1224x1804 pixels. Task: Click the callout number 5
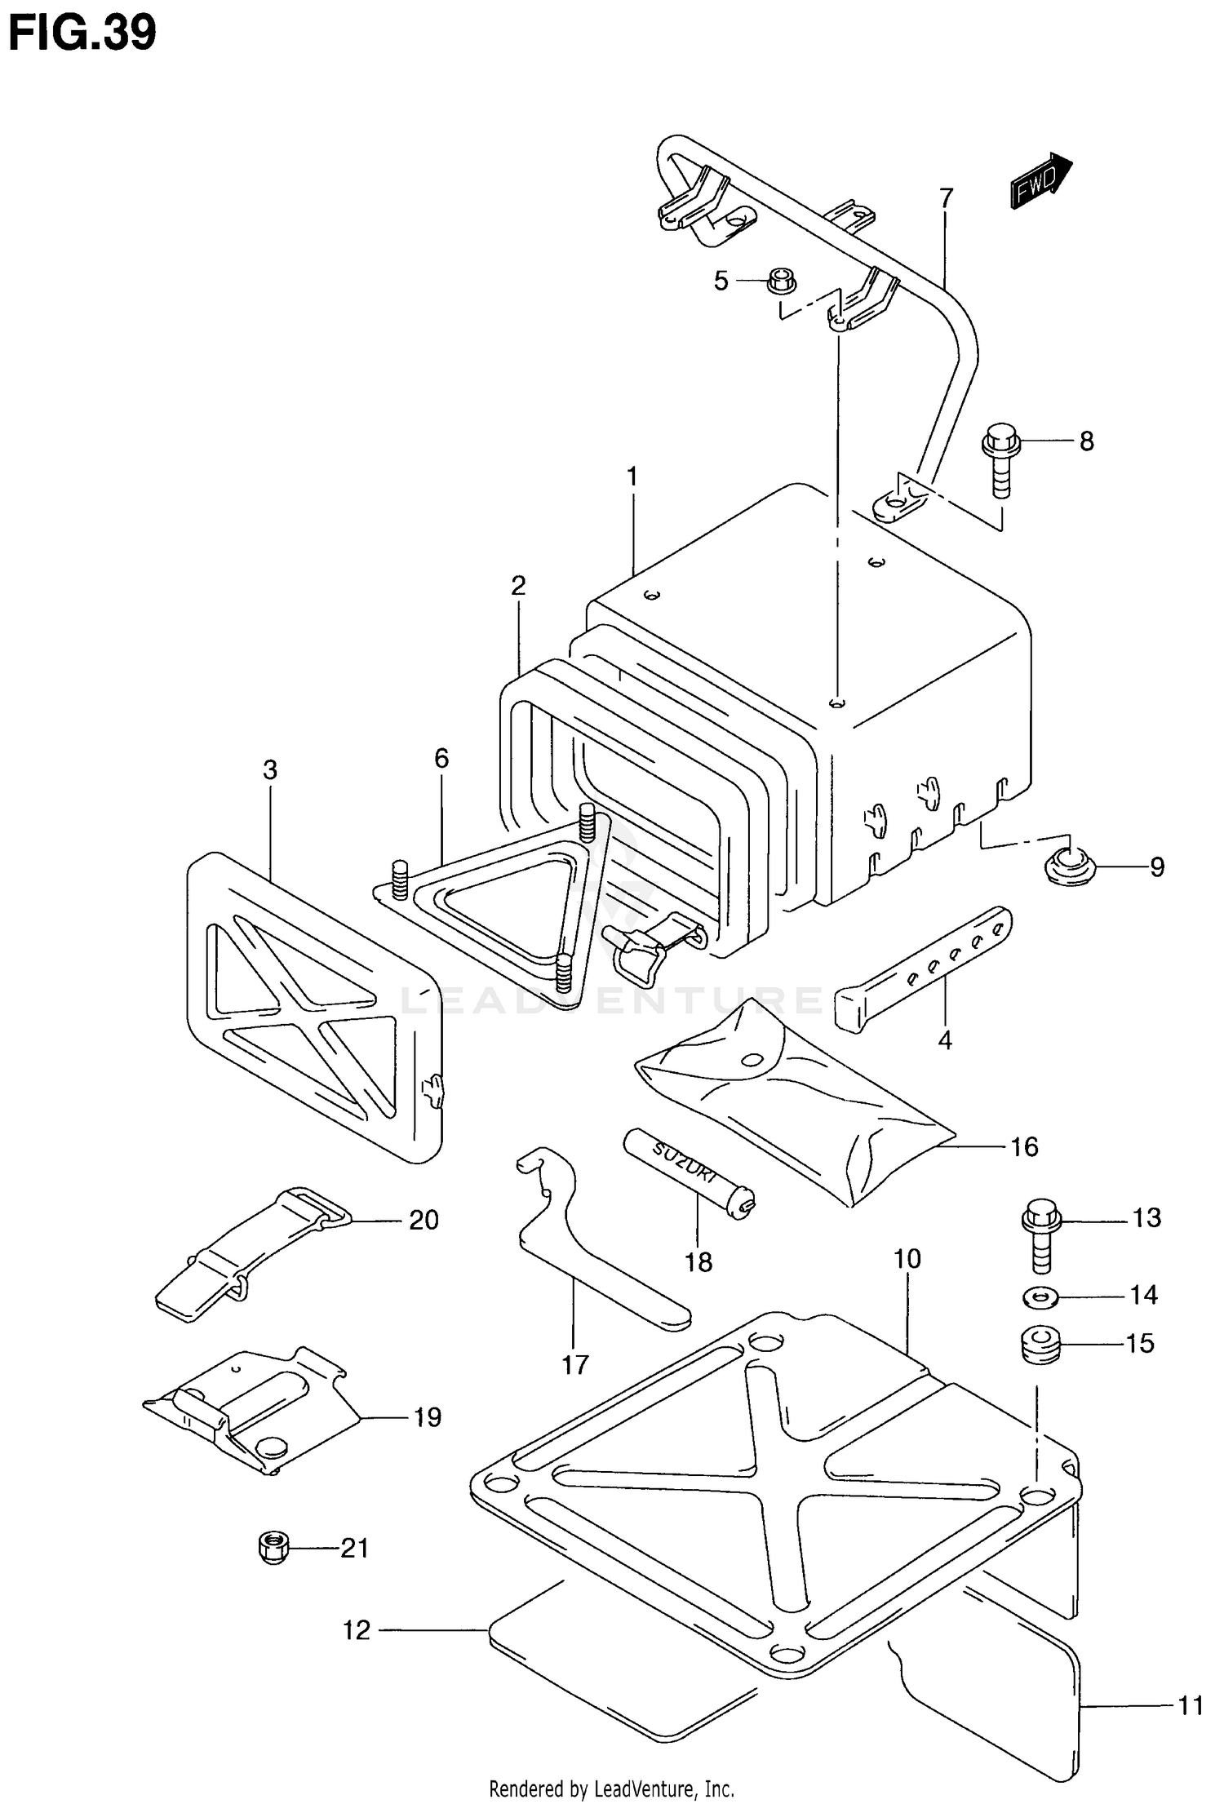pyautogui.click(x=721, y=281)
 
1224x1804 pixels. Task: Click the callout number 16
pyautogui.click(x=1024, y=1146)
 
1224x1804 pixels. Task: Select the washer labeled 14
pyautogui.click(x=1038, y=1295)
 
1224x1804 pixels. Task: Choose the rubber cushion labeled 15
pyautogui.click(x=1039, y=1344)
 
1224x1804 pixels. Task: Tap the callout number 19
pyautogui.click(x=427, y=1417)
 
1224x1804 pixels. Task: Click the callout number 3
pyautogui.click(x=270, y=769)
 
